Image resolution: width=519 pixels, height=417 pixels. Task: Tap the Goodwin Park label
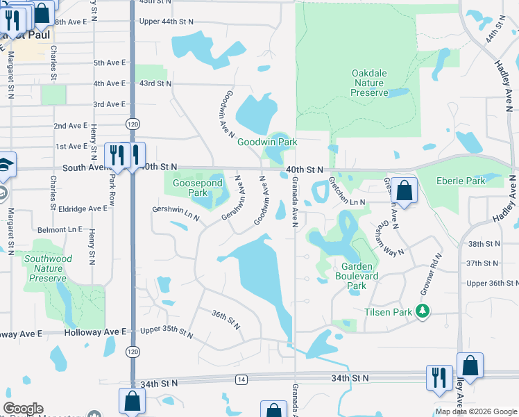[x=267, y=142]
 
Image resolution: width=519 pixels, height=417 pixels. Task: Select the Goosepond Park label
[x=189, y=187]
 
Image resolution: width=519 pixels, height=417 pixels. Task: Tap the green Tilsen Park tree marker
[x=421, y=312]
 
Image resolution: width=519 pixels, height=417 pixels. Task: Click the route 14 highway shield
[x=241, y=379]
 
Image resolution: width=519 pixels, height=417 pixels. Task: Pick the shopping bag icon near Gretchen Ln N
[x=404, y=190]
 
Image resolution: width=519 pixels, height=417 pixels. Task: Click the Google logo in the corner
[x=23, y=409]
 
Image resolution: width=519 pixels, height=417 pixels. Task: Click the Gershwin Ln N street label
[x=176, y=213]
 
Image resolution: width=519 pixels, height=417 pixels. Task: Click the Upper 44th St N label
[x=166, y=22]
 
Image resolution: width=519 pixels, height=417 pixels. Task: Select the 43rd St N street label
[x=155, y=83]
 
